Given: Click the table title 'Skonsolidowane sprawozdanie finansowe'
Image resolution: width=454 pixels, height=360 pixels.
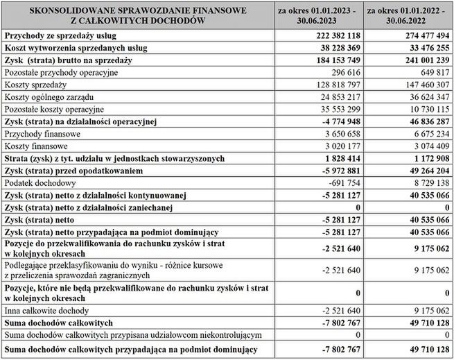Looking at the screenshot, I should (136, 10).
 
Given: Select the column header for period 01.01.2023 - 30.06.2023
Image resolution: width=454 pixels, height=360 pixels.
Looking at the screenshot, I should (317, 15).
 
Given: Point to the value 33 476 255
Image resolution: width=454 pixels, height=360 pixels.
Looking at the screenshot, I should (421, 48).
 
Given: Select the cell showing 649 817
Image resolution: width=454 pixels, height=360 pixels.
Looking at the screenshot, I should (430, 72).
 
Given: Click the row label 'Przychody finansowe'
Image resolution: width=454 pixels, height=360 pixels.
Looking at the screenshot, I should (42, 134).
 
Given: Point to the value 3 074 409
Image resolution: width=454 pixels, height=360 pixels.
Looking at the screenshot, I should (425, 146).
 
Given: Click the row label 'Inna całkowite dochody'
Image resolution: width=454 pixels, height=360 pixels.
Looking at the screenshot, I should (47, 311).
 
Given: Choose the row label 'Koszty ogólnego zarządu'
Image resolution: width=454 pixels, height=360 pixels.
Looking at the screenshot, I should (49, 97).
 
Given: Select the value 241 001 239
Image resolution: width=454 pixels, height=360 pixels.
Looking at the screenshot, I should (418, 60).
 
